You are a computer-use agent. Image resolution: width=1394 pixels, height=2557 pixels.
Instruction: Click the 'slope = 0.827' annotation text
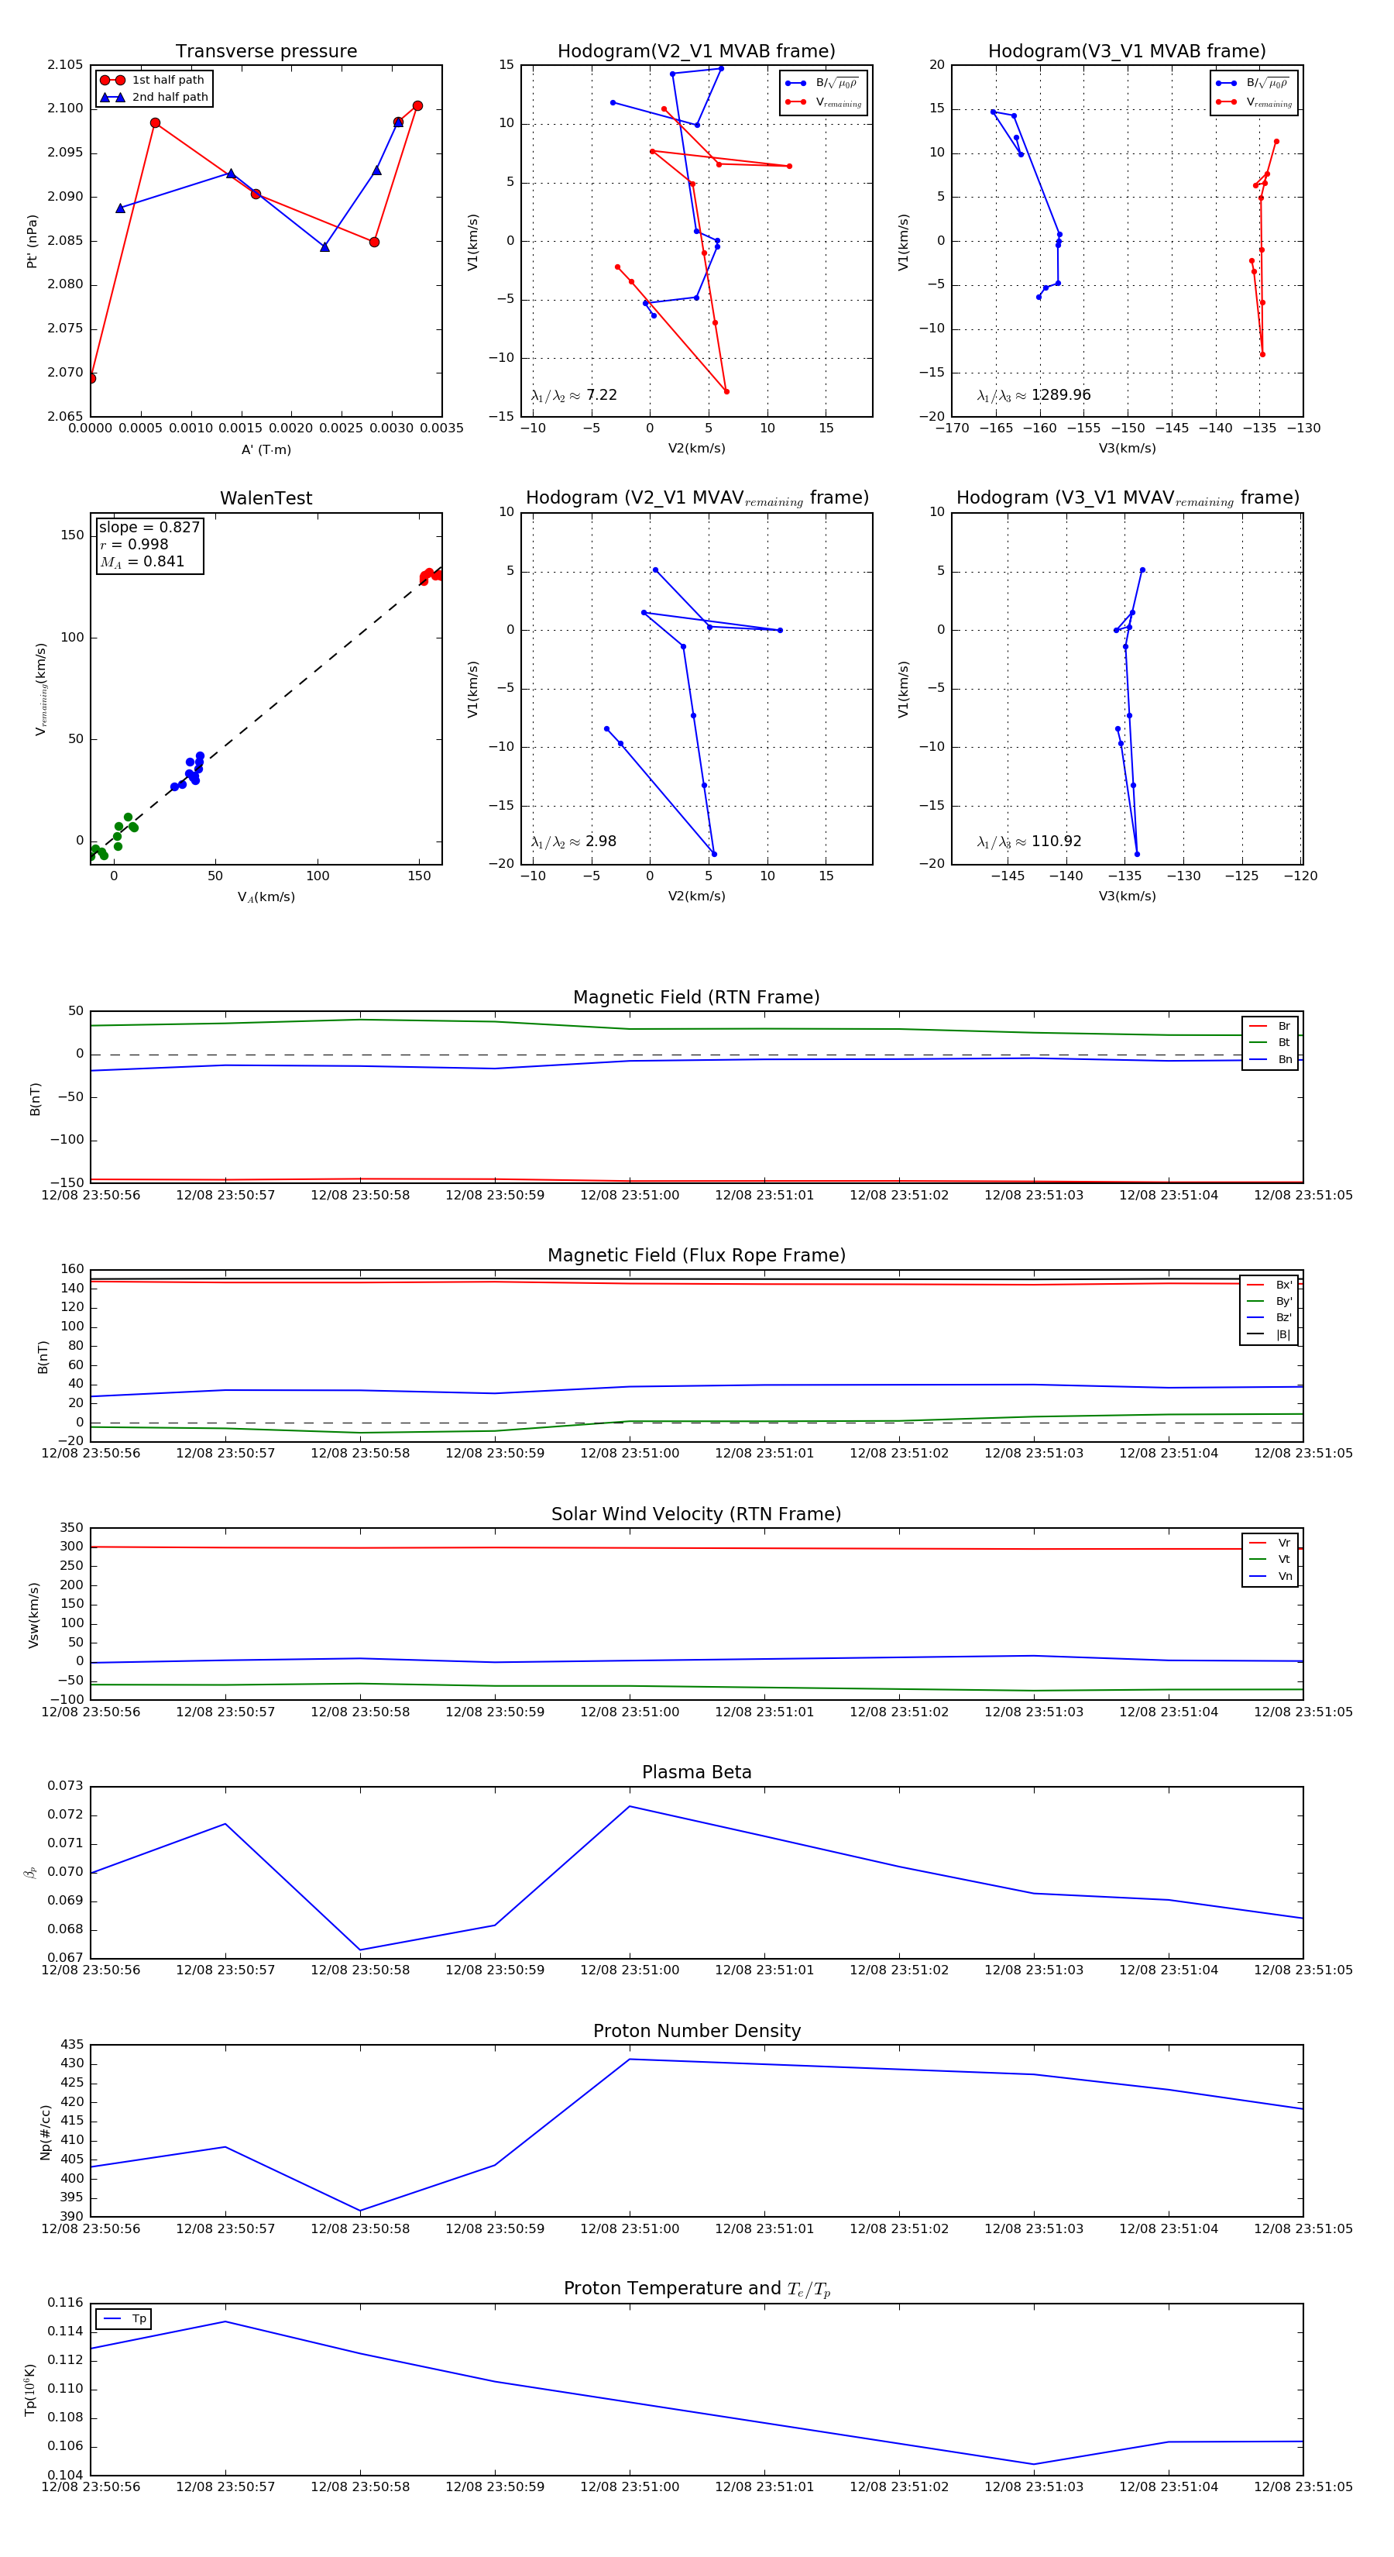[x=149, y=527]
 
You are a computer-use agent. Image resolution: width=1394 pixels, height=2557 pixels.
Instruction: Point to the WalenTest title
[x=266, y=498]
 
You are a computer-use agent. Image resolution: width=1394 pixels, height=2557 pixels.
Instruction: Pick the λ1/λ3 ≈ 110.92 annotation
[x=1029, y=841]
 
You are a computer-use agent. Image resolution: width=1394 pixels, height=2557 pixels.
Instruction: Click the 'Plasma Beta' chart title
[x=696, y=1772]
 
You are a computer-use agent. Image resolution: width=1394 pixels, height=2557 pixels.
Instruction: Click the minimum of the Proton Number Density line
[x=360, y=2211]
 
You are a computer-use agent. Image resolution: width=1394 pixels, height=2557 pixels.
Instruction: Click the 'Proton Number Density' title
[x=696, y=2031]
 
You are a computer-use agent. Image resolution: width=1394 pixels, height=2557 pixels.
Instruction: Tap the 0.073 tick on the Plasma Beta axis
[x=66, y=1786]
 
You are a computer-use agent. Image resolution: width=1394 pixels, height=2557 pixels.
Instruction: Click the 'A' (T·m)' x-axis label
[x=266, y=449]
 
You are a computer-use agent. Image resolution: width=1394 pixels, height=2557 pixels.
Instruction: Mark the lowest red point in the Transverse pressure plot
[x=91, y=378]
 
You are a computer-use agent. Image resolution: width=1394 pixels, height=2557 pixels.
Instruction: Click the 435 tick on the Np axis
[x=71, y=2044]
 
